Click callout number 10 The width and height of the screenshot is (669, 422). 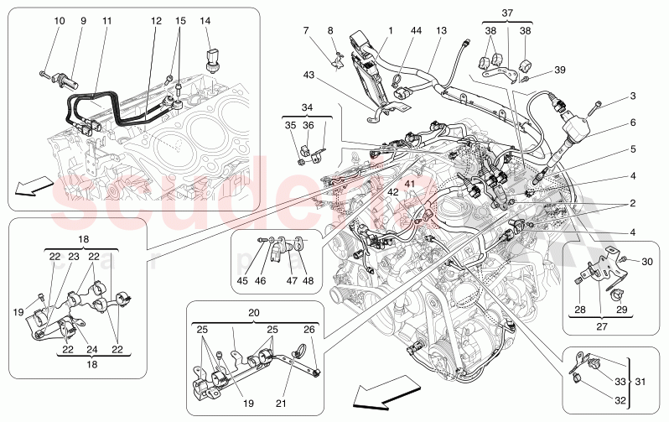tap(59, 20)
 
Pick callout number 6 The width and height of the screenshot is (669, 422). tap(634, 122)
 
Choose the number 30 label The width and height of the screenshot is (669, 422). tap(646, 262)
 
